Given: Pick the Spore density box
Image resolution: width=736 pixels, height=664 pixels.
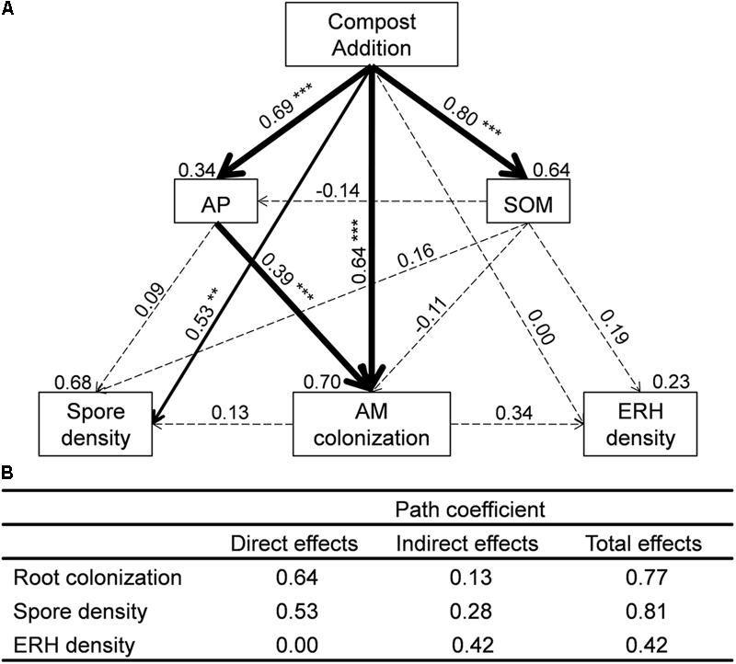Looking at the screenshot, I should (x=95, y=424).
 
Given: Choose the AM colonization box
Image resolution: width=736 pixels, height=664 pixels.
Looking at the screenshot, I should (x=373, y=424).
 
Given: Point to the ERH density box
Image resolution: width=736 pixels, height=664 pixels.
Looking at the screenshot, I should (x=640, y=424).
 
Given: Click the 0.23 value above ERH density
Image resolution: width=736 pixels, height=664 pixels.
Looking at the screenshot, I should (x=671, y=379).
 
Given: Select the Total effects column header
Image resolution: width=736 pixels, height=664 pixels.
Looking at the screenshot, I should (x=644, y=544).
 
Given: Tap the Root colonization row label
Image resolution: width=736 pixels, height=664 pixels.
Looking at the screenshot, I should (x=98, y=578).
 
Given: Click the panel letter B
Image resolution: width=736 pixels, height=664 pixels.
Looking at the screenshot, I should (x=7, y=474).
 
